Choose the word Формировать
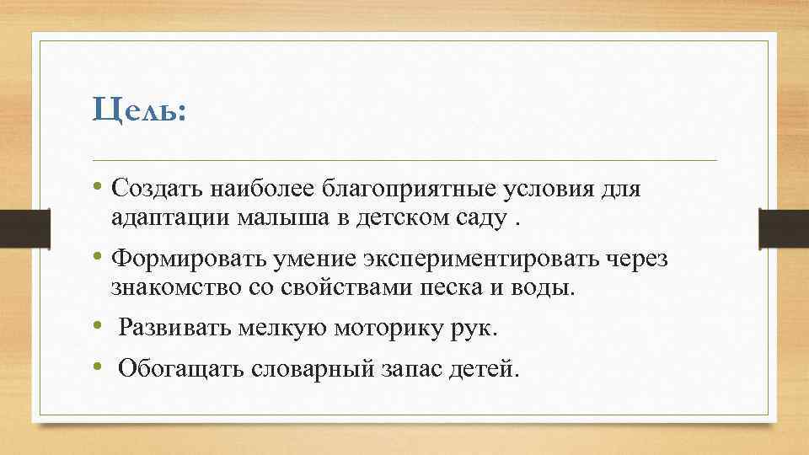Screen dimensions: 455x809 pos(181,259)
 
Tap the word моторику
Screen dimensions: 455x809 pos(383,328)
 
